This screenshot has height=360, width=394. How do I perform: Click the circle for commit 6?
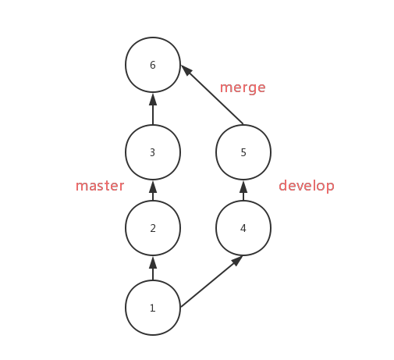click(x=153, y=65)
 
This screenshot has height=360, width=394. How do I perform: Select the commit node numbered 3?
click(x=153, y=152)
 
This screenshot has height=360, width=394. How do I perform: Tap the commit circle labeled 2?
click(x=153, y=228)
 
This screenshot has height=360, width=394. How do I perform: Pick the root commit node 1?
click(x=153, y=308)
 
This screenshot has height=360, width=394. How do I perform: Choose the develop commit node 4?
click(x=243, y=228)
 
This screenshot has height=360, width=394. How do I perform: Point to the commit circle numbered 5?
click(x=243, y=152)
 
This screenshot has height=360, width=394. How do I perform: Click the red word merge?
click(x=243, y=87)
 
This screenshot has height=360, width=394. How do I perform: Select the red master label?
click(x=100, y=186)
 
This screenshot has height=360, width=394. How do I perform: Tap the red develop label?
click(x=307, y=186)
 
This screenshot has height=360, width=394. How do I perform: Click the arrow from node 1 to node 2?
click(x=153, y=268)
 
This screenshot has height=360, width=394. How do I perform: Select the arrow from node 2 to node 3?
click(x=153, y=191)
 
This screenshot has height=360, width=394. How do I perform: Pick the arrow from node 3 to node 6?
click(x=153, y=109)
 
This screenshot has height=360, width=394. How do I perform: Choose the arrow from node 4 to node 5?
click(x=243, y=191)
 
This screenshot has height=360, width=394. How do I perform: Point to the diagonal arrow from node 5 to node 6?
click(x=212, y=95)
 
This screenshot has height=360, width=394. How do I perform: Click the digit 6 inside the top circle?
click(x=153, y=66)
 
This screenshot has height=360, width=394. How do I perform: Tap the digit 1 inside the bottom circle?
click(x=153, y=308)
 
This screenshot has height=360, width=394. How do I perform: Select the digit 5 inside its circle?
click(x=243, y=153)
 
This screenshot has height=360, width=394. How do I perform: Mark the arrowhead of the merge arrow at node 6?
click(x=186, y=71)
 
